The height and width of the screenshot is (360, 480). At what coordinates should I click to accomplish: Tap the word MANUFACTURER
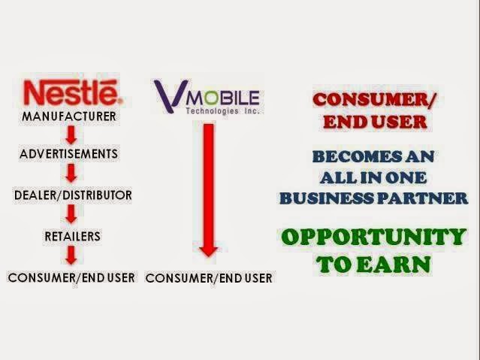pyautogui.click(x=69, y=116)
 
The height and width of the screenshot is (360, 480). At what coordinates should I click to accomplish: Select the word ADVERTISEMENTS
pyautogui.click(x=69, y=154)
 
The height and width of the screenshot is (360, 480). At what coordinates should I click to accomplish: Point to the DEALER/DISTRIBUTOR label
pyautogui.click(x=73, y=195)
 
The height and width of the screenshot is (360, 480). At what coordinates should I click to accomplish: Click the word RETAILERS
pyautogui.click(x=73, y=236)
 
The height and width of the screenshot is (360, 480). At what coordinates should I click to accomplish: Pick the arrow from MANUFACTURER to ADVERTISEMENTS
pyautogui.click(x=71, y=135)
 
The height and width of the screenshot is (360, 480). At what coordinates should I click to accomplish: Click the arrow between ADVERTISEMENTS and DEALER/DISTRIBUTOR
pyautogui.click(x=71, y=174)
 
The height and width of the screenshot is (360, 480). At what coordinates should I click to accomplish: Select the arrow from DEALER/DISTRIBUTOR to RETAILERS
pyautogui.click(x=71, y=214)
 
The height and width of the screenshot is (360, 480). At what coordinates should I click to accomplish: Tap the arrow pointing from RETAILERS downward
pyautogui.click(x=71, y=256)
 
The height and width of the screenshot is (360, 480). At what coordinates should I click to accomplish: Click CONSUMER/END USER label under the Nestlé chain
pyautogui.click(x=71, y=278)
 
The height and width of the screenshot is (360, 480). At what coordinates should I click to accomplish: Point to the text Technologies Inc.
pyautogui.click(x=222, y=111)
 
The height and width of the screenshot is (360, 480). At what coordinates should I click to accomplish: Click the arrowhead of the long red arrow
pyautogui.click(x=209, y=251)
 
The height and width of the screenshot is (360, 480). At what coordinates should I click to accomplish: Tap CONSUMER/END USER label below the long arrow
pyautogui.click(x=209, y=278)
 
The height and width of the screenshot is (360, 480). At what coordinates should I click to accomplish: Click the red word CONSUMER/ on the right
pyautogui.click(x=374, y=100)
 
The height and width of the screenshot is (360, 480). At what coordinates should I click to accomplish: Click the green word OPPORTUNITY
pyautogui.click(x=374, y=237)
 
